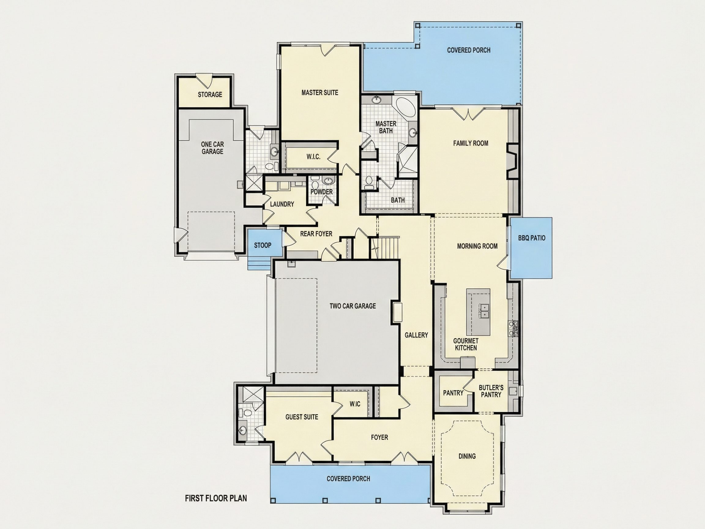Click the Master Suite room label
coord(320,93)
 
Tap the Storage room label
coord(210,95)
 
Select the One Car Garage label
coord(212,148)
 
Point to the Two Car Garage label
coord(352,306)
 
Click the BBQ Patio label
coord(532,238)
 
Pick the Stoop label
coord(263,245)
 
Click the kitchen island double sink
coord(484,311)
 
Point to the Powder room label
coord(322,192)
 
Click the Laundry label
coord(282,204)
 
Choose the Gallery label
coord(416,335)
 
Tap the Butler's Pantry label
coord(491,391)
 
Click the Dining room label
coord(467,456)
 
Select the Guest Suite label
coord(302,417)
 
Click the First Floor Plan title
coord(216,498)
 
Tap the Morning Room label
coord(477,246)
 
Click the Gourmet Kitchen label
coord(466,345)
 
